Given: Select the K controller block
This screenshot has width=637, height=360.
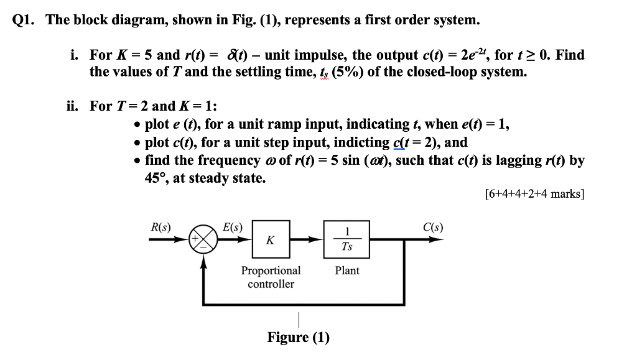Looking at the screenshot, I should [270, 240].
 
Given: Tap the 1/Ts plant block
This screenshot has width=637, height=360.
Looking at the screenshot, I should [346, 239].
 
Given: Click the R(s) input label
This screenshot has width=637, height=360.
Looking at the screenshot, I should [162, 227].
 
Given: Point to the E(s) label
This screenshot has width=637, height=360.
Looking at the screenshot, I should [233, 227].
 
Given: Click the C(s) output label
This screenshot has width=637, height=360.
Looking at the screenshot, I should [433, 227].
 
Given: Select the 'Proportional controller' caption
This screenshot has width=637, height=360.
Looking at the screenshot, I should [271, 277].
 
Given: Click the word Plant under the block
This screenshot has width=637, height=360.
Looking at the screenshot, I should [347, 271].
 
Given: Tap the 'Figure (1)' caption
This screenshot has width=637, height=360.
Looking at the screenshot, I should [299, 338].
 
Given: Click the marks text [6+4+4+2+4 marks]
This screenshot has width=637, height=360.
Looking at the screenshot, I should [534, 193].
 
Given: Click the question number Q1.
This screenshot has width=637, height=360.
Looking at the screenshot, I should [25, 20].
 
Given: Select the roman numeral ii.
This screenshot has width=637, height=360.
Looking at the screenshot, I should [73, 106].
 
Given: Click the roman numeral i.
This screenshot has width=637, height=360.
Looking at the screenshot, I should [75, 55].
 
